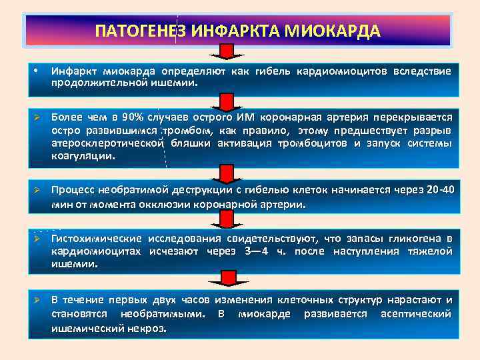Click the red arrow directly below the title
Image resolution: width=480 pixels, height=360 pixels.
tap(227, 51)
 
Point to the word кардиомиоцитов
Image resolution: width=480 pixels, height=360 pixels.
tap(345, 71)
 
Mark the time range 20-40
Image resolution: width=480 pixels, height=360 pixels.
tap(438, 191)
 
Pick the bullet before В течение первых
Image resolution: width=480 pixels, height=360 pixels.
tap(39, 299)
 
